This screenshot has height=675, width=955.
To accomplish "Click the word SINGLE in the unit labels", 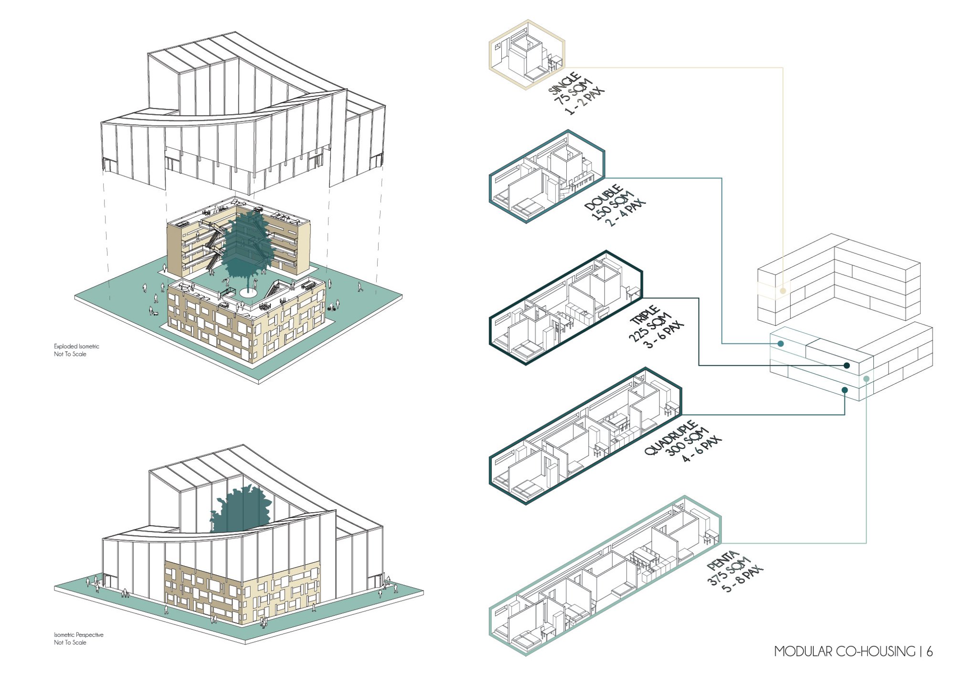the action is (565, 84).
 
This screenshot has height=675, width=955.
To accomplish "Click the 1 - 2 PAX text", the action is (584, 101).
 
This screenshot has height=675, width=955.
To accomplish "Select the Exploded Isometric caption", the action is (76, 346).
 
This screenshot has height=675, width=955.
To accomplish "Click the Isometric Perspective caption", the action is (78, 634).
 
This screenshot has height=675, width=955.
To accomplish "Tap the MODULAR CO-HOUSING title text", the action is (845, 651).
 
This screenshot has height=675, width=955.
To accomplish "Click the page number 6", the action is (929, 651).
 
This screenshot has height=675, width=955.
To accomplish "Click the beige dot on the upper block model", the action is (783, 291).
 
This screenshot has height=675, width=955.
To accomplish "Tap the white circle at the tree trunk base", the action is (248, 292).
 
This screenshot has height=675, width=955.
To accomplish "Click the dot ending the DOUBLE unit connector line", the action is (781, 344).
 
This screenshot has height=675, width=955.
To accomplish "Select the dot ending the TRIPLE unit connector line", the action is (847, 366).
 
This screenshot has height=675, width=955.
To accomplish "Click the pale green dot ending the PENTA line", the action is (866, 379).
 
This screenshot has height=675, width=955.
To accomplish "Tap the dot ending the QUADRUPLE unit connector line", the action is (845, 390).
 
